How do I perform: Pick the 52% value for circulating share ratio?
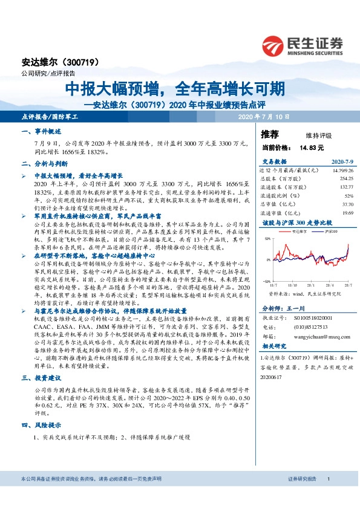pos(349,196)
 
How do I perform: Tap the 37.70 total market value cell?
pos(347,204)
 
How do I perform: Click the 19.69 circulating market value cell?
pos(347,213)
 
